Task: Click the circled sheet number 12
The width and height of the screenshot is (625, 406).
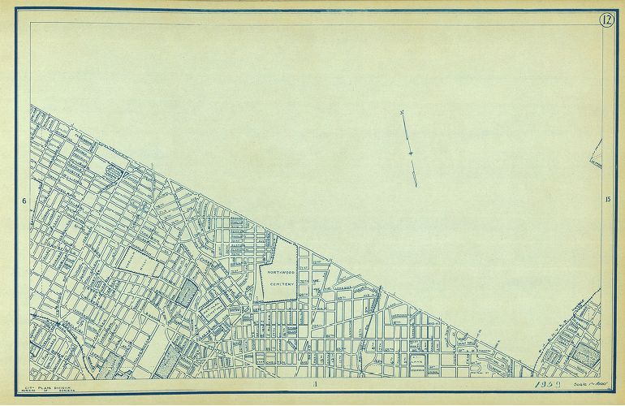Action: tap(606, 20)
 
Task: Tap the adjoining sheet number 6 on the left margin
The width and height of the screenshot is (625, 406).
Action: tap(25, 201)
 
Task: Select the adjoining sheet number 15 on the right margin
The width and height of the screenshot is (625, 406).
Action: tap(607, 200)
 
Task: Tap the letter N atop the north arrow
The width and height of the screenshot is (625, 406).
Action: tap(403, 113)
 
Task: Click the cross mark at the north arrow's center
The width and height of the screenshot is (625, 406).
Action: tap(412, 153)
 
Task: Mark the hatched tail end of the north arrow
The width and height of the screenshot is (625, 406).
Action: tap(415, 177)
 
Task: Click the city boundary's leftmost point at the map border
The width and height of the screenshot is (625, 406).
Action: tap(31, 105)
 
